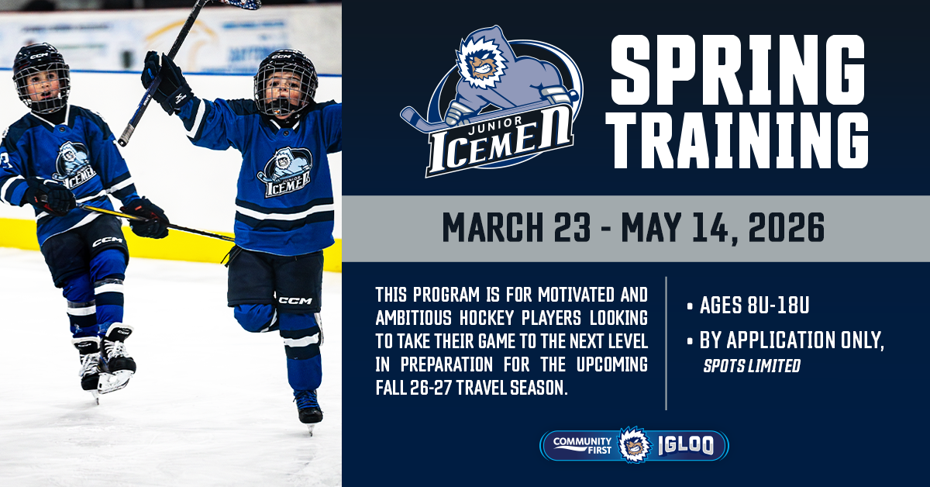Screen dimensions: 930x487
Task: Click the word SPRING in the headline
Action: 738,70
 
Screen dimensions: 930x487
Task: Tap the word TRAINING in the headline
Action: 737,140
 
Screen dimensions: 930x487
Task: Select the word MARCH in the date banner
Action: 493,227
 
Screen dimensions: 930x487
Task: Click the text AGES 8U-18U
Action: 754,306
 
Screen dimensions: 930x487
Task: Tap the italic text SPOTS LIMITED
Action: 752,366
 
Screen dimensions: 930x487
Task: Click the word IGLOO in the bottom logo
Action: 686,445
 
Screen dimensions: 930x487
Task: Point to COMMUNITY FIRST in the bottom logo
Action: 582,445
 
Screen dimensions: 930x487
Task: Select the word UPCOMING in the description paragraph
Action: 612,364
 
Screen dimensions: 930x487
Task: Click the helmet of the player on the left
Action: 41,77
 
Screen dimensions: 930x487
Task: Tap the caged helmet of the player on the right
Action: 286,83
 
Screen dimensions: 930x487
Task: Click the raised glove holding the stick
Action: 166,82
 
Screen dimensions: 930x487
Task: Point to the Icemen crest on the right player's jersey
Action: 285,172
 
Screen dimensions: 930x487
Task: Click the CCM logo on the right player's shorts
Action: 295,300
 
